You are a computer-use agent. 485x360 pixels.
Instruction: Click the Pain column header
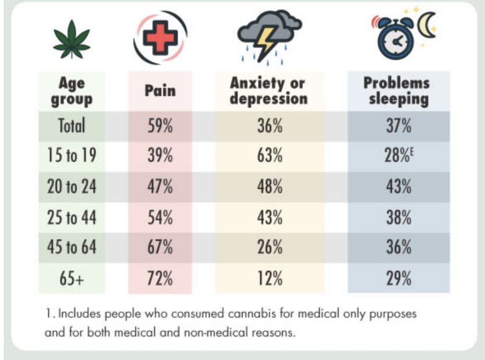pyautogui.click(x=160, y=91)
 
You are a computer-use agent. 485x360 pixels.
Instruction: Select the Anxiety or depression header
pyautogui.click(x=269, y=91)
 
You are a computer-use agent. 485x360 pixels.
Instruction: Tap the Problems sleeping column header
pyautogui.click(x=396, y=91)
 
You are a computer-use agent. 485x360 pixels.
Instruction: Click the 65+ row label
pyautogui.click(x=71, y=278)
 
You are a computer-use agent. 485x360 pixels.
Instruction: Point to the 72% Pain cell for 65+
pyautogui.click(x=160, y=278)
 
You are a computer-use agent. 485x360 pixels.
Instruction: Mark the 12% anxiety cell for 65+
pyautogui.click(x=269, y=278)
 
